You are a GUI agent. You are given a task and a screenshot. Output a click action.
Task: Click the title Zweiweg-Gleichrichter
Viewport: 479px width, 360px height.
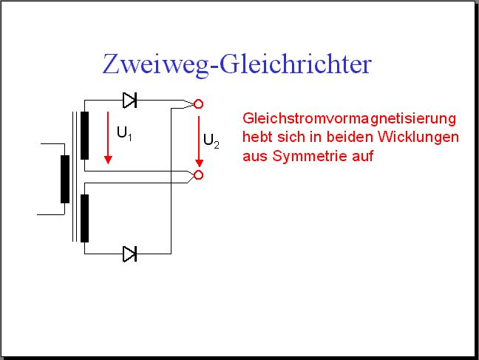[237, 64]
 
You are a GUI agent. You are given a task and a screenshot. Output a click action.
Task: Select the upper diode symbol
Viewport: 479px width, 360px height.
[130, 101]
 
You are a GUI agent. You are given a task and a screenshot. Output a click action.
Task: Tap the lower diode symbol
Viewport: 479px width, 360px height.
[130, 254]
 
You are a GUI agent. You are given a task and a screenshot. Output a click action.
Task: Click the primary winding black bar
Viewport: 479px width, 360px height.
[65, 179]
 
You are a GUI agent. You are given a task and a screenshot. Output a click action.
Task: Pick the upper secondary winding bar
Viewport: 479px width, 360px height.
[84, 135]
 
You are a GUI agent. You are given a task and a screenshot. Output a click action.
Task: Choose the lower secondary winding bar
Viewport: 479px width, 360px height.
[84, 218]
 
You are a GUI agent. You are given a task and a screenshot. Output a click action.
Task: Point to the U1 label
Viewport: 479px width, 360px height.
[124, 134]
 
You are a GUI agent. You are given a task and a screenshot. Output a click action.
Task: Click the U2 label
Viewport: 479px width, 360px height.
[211, 141]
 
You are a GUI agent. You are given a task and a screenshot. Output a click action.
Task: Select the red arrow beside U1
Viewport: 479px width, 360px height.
[108, 137]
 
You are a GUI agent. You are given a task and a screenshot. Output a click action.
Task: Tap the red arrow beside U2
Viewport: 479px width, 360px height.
[199, 141]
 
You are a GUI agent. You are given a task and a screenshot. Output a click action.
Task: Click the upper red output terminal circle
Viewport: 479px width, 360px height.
[199, 104]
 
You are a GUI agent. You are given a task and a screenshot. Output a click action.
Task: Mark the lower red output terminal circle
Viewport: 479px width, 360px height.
[199, 174]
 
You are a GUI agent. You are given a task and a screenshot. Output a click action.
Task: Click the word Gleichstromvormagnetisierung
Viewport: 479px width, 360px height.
[350, 118]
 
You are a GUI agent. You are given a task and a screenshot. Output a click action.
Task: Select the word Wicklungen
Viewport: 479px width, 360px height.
[418, 137]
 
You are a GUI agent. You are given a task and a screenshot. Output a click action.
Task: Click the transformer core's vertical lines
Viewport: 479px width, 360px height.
[74, 177]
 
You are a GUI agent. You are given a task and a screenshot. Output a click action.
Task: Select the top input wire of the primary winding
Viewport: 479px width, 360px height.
[52, 143]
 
